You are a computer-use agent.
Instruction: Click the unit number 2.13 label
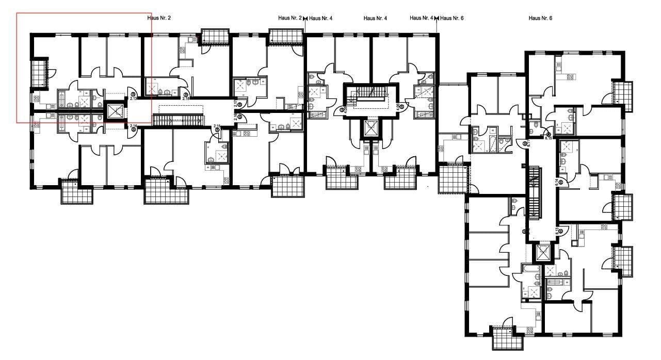pyautogui.click(x=133, y=99)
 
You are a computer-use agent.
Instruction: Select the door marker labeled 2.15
pyautogui.click(x=217, y=125)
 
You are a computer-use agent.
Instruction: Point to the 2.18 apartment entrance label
pyautogui.click(x=186, y=98)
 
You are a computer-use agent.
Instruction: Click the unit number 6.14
pyautogui.click(x=556, y=182)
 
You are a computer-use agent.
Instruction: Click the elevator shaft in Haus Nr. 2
pyautogui.click(x=115, y=111)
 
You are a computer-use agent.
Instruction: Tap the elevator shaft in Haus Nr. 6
pyautogui.click(x=542, y=252)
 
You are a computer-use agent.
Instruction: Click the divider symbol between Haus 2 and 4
pyautogui.click(x=305, y=19)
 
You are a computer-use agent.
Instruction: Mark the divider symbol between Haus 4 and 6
pyautogui.click(x=437, y=19)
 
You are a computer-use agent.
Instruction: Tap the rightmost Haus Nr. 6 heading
pyautogui.click(x=540, y=18)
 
